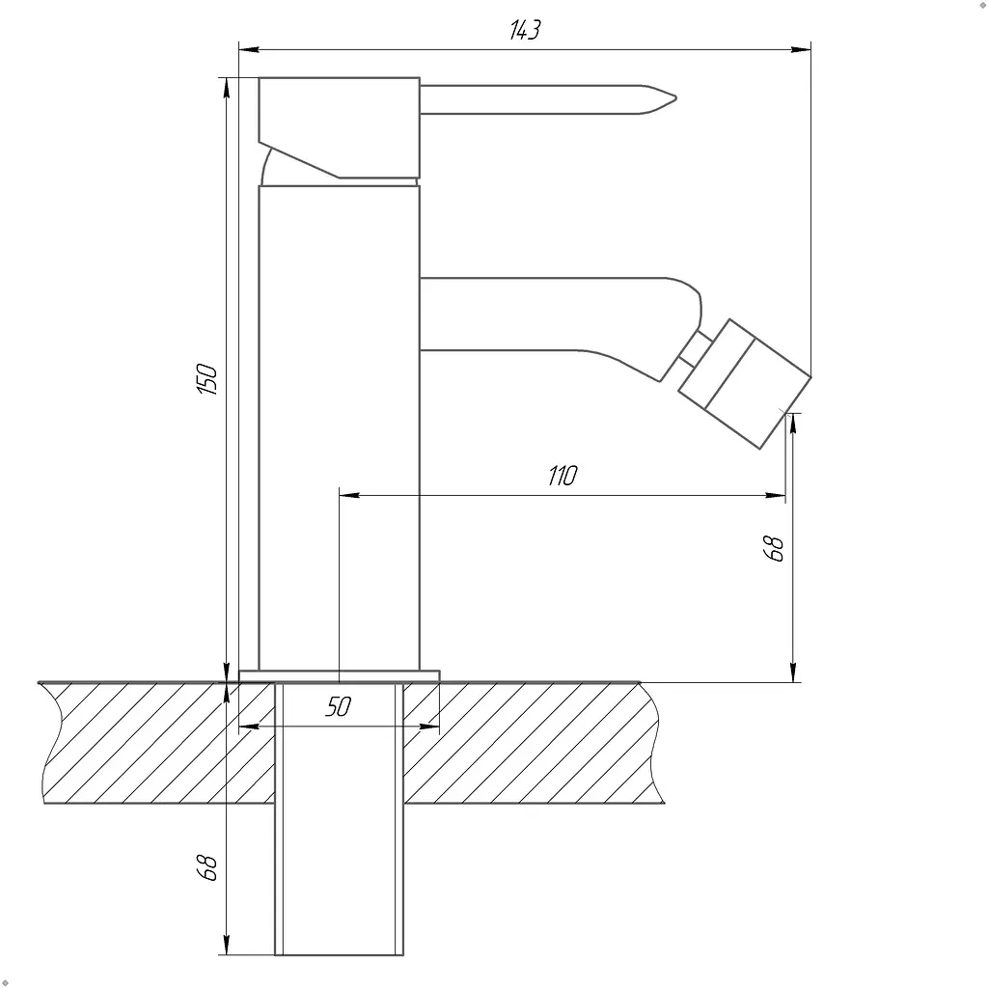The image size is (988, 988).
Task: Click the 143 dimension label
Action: [525, 30]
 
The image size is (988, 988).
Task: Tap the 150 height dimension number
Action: [207, 378]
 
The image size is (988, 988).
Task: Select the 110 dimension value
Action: [563, 476]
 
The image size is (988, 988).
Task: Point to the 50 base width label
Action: [339, 707]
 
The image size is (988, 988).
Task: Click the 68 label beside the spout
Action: [773, 548]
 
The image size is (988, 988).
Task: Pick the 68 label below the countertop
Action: [206, 867]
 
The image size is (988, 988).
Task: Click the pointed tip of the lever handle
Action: [675, 97]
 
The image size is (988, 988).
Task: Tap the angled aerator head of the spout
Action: [745, 384]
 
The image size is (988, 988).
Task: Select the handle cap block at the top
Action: [339, 128]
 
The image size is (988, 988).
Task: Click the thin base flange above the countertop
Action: [339, 675]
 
